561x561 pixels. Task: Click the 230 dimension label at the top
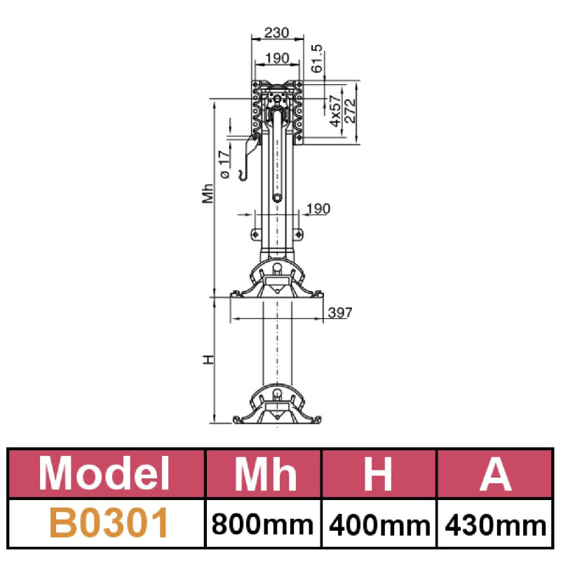click(276, 32)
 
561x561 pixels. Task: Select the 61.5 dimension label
click(317, 58)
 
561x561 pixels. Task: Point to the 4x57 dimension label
click(335, 111)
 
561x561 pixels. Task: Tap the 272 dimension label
click(351, 111)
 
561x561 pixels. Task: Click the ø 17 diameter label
click(224, 165)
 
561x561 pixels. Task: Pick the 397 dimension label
click(340, 313)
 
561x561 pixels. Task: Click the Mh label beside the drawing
click(208, 194)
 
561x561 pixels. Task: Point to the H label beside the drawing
click(208, 360)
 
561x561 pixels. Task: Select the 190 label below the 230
click(277, 58)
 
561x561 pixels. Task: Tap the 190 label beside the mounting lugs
click(318, 208)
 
